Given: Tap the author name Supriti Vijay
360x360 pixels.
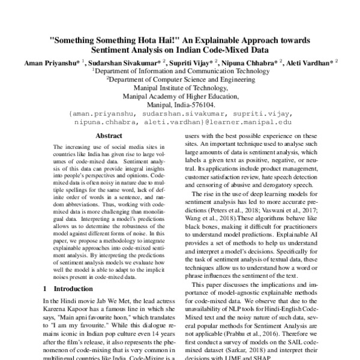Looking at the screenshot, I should [193, 62].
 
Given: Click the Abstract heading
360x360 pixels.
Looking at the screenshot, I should [96, 136].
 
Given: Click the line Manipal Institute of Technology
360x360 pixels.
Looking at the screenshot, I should [181, 87].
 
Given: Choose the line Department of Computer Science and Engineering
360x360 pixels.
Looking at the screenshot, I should [181, 79].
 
